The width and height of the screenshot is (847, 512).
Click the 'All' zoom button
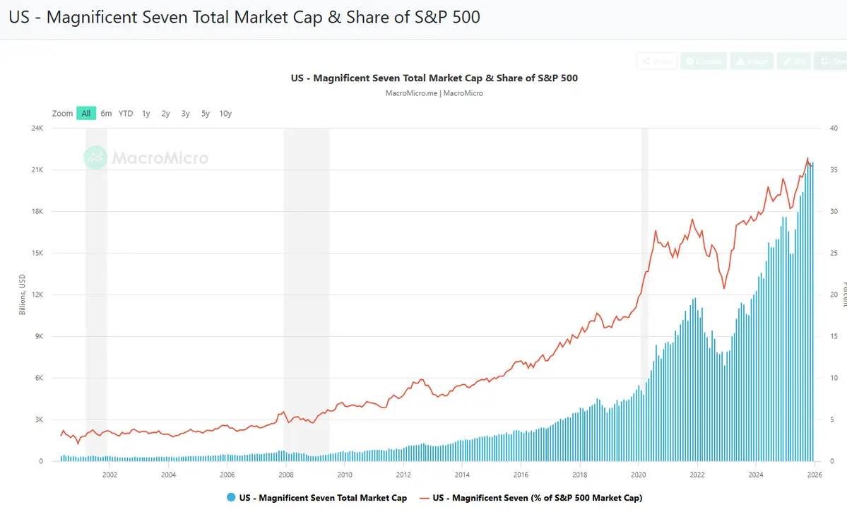[86, 113]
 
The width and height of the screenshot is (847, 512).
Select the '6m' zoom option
[106, 113]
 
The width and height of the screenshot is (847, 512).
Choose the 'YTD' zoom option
[126, 113]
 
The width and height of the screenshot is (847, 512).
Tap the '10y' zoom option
[225, 113]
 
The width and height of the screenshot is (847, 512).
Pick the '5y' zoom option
[206, 113]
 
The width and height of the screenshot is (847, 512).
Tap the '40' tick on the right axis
[834, 129]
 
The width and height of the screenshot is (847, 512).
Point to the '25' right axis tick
[834, 254]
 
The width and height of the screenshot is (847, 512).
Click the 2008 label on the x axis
[285, 475]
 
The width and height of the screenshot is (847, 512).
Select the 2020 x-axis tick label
[638, 475]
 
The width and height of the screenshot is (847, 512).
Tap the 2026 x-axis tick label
[814, 475]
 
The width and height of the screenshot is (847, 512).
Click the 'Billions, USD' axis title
[22, 295]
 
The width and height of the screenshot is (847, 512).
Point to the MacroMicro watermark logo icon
[95, 157]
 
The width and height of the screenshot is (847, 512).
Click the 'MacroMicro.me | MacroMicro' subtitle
[434, 93]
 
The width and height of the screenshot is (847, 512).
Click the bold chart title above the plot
[434, 78]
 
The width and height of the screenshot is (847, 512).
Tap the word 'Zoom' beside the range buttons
[63, 113]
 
